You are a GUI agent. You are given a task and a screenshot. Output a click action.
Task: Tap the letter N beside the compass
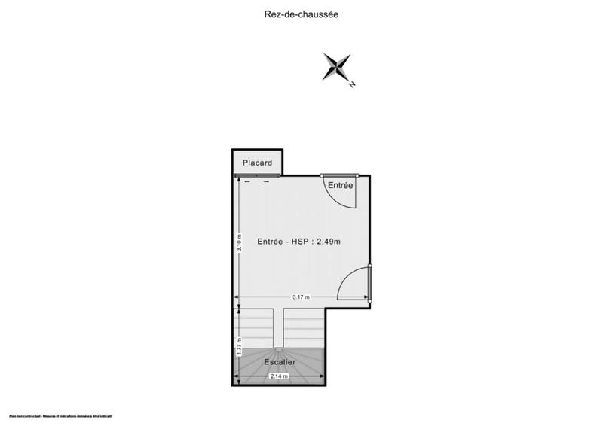pos(352,85)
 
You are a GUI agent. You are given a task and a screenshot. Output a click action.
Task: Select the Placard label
pos(257,162)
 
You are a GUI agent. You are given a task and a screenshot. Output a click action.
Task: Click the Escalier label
pos(280,362)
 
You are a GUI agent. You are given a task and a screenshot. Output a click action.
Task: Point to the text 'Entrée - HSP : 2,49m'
pos(299,242)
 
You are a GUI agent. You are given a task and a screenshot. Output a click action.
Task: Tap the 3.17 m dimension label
pos(303,297)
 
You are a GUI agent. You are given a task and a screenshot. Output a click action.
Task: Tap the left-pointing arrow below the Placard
pos(248,181)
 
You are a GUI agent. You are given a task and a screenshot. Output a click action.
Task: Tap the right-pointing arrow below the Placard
pos(266,181)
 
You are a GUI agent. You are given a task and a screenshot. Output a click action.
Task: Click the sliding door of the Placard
pos(257,175)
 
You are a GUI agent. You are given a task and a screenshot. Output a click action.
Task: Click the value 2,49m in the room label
pos(327,242)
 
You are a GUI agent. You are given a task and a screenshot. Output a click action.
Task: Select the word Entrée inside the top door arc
pos(340,185)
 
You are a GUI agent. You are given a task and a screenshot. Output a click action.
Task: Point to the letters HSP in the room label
pos(301,242)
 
